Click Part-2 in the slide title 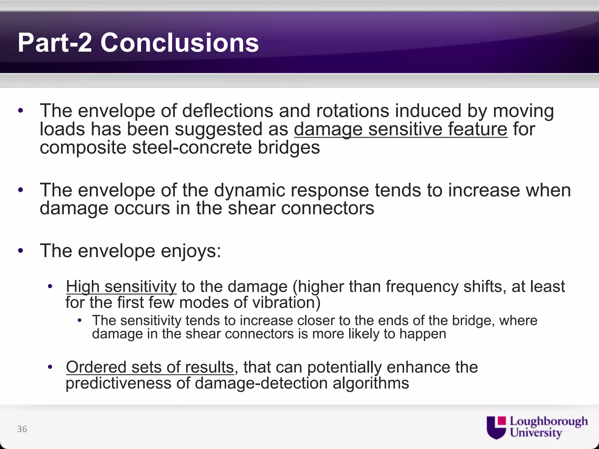click(55, 43)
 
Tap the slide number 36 click(22, 429)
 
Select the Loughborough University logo click(537, 427)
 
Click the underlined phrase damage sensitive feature click(400, 129)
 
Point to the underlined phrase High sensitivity click(121, 286)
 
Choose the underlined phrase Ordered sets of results click(150, 367)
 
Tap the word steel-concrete click(192, 148)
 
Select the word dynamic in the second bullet click(249, 190)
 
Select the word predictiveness click(118, 383)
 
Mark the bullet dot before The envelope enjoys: click(20, 251)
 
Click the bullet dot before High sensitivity click(50, 286)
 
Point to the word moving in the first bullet click(523, 111)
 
